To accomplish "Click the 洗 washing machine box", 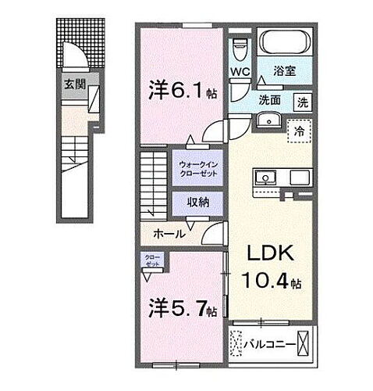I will tap(301, 101).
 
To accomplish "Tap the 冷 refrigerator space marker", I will tap(298, 131).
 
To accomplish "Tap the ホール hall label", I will tap(169, 233).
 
